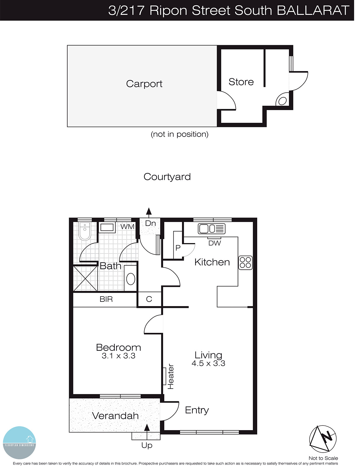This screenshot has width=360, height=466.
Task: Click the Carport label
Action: click(144, 84)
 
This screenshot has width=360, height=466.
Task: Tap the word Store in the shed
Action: click(241, 82)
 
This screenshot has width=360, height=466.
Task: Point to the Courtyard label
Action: click(167, 177)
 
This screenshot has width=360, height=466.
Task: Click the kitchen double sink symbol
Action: click(211, 229)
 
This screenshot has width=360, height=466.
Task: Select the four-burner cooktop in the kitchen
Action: click(245, 262)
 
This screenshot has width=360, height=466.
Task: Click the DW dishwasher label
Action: click(215, 243)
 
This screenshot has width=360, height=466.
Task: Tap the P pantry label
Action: click(178, 248)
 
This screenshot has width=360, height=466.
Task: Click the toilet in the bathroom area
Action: click(85, 231)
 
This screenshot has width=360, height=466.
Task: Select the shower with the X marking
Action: click(85, 278)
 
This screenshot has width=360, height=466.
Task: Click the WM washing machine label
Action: click(127, 227)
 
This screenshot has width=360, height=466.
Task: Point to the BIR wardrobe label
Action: click(106, 299)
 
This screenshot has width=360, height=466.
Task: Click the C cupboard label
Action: click(149, 299)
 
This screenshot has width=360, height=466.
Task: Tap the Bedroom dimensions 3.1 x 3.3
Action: click(119, 356)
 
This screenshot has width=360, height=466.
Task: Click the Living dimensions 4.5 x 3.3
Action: click(208, 363)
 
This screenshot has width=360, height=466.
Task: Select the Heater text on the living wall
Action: click(171, 376)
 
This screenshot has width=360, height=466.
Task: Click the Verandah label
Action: click(115, 416)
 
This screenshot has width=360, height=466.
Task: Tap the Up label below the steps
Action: click(147, 445)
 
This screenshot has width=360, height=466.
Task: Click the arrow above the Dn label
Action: click(149, 212)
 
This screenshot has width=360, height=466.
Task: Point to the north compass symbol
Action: click(323, 439)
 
